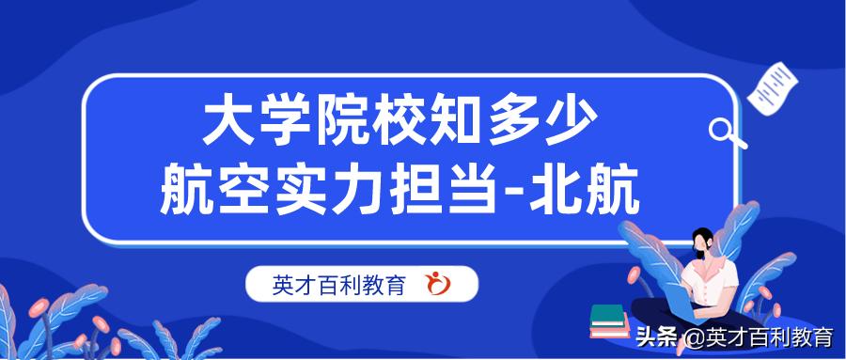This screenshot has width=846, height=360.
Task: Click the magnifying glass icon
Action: pyautogui.click(x=725, y=132)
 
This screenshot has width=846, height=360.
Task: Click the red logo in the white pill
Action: pyautogui.click(x=438, y=284)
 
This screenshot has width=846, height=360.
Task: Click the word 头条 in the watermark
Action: pyautogui.click(x=657, y=337)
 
